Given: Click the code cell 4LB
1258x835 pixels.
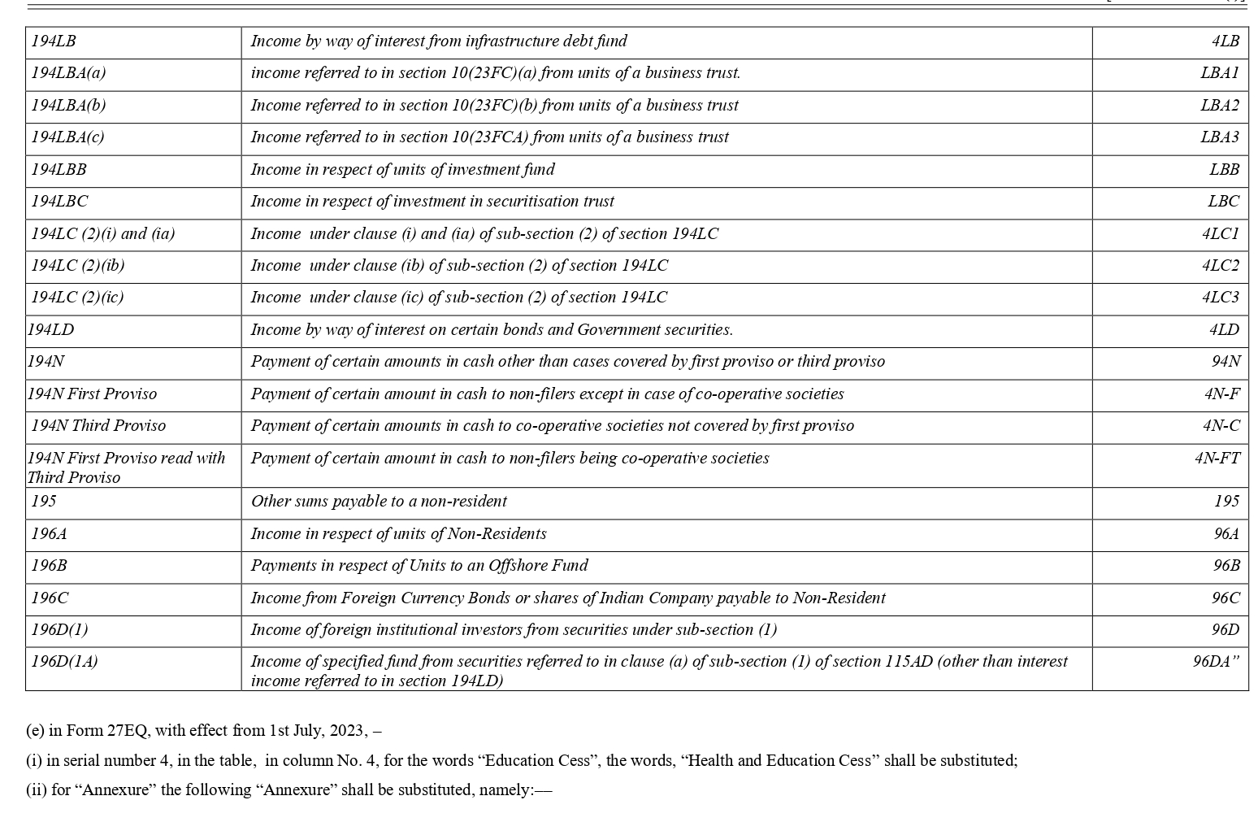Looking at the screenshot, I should pyautogui.click(x=1225, y=41).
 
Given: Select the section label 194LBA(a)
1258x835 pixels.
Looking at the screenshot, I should pyautogui.click(x=68, y=73).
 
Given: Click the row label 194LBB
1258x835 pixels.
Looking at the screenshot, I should pyautogui.click(x=59, y=170).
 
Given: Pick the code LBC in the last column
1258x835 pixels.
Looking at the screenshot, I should pyautogui.click(x=1223, y=202).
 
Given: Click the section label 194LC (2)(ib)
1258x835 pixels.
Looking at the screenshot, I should pyautogui.click(x=78, y=266).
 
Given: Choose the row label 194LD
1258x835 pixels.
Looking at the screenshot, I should pyautogui.click(x=50, y=330).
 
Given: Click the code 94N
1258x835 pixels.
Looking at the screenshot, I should pyautogui.click(x=1225, y=362).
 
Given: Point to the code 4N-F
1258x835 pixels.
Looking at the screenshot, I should pyautogui.click(x=1221, y=394).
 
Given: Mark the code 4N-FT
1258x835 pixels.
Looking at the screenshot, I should pyautogui.click(x=1217, y=459).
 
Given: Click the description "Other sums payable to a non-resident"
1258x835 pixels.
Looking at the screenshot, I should pyautogui.click(x=379, y=502).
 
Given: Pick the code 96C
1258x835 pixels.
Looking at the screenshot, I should pyautogui.click(x=1225, y=598).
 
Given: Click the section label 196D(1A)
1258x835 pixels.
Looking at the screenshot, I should pyautogui.click(x=64, y=662).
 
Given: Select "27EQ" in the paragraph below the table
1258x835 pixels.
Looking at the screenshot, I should pyautogui.click(x=128, y=731).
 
